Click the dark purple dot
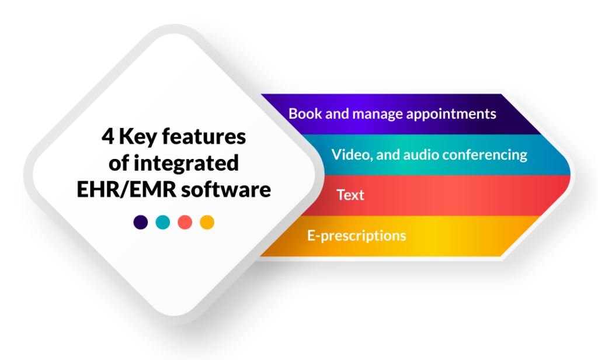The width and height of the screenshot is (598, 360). tap(141, 222)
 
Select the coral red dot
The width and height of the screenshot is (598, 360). tap(185, 222)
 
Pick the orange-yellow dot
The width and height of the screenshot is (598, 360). tap(207, 222)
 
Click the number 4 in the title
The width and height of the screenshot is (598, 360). tap(107, 137)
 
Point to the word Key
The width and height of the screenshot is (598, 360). tap(138, 137)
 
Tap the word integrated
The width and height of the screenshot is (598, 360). tap(187, 163)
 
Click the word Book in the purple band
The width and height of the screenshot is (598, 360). tap(304, 113)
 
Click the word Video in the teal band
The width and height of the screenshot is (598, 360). tap(349, 155)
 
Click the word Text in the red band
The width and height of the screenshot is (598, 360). tap(350, 195)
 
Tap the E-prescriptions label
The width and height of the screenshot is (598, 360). tap(356, 236)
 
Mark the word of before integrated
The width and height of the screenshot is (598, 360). tap(119, 163)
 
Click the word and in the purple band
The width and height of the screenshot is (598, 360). tap(337, 113)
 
